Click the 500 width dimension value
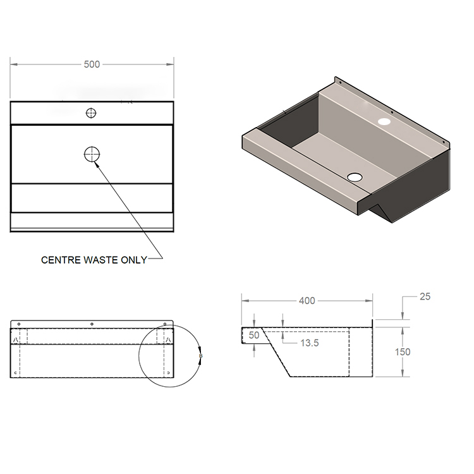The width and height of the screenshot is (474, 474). (92, 64)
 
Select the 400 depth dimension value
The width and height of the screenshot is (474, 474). (307, 301)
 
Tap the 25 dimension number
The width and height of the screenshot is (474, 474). (424, 296)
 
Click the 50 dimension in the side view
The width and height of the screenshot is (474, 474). (254, 336)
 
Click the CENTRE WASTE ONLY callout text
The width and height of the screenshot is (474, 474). (94, 260)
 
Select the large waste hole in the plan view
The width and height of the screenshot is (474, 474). (92, 154)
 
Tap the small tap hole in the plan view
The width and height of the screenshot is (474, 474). (92, 113)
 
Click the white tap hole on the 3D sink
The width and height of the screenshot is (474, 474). (384, 121)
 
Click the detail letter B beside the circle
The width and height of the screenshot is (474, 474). (200, 356)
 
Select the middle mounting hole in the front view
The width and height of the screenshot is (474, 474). (92, 325)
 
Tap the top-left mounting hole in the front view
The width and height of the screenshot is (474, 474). (19, 325)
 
